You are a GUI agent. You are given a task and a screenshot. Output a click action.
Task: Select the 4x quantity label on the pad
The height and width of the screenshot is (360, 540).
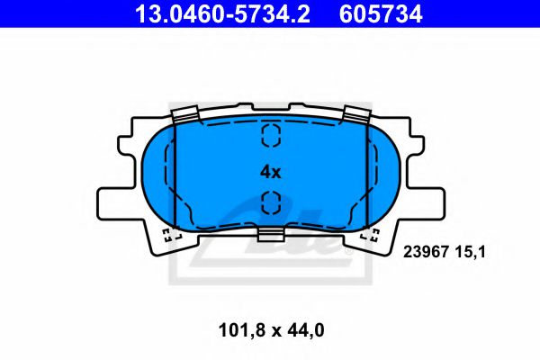(270, 171)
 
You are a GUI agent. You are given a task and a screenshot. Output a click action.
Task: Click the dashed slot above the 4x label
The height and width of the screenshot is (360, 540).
(270, 135)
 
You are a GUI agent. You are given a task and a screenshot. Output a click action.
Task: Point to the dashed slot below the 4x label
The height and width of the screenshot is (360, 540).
(270, 204)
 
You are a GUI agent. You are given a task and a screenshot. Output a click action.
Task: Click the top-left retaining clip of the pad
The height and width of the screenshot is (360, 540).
(185, 115)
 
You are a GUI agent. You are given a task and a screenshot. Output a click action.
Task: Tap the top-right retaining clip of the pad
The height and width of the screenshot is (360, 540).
(357, 115)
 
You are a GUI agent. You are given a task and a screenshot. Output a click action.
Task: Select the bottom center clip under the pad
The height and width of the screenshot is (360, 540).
(270, 235)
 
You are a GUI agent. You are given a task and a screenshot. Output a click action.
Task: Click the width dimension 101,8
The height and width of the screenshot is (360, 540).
(244, 330)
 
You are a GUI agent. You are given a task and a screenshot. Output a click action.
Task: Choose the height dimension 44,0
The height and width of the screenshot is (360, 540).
(306, 330)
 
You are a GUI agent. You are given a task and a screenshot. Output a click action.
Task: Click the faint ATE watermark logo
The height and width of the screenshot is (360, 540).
(306, 236)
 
